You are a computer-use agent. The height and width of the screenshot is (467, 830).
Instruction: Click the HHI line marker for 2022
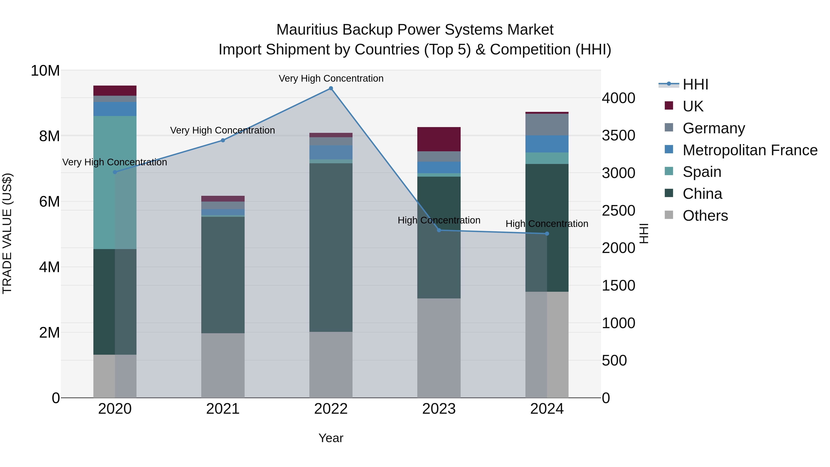[331, 88]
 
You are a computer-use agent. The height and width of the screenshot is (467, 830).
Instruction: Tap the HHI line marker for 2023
[439, 230]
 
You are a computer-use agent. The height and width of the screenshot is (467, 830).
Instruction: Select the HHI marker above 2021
[223, 140]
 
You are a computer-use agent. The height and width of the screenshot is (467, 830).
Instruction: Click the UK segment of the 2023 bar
[439, 139]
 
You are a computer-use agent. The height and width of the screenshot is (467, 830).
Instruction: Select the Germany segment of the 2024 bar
[547, 125]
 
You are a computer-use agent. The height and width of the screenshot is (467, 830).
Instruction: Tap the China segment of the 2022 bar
[331, 247]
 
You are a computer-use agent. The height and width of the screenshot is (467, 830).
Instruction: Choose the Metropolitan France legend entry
[750, 150]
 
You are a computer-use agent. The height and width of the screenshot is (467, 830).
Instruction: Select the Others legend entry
[705, 216]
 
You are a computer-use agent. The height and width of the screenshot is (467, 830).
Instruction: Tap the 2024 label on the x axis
[547, 409]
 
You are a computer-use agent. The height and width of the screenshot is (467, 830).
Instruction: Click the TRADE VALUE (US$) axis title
[7, 233]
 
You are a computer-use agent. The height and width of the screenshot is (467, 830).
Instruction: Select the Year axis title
[331, 438]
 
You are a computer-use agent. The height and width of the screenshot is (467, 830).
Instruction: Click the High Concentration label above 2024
[547, 224]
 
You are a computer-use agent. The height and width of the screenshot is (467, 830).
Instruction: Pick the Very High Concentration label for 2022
[331, 78]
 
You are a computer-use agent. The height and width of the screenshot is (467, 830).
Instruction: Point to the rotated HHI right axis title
[644, 233]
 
